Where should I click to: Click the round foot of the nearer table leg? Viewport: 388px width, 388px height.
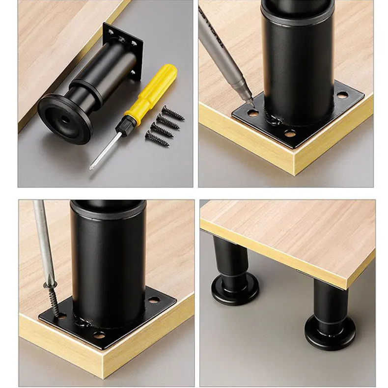(330, 334)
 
